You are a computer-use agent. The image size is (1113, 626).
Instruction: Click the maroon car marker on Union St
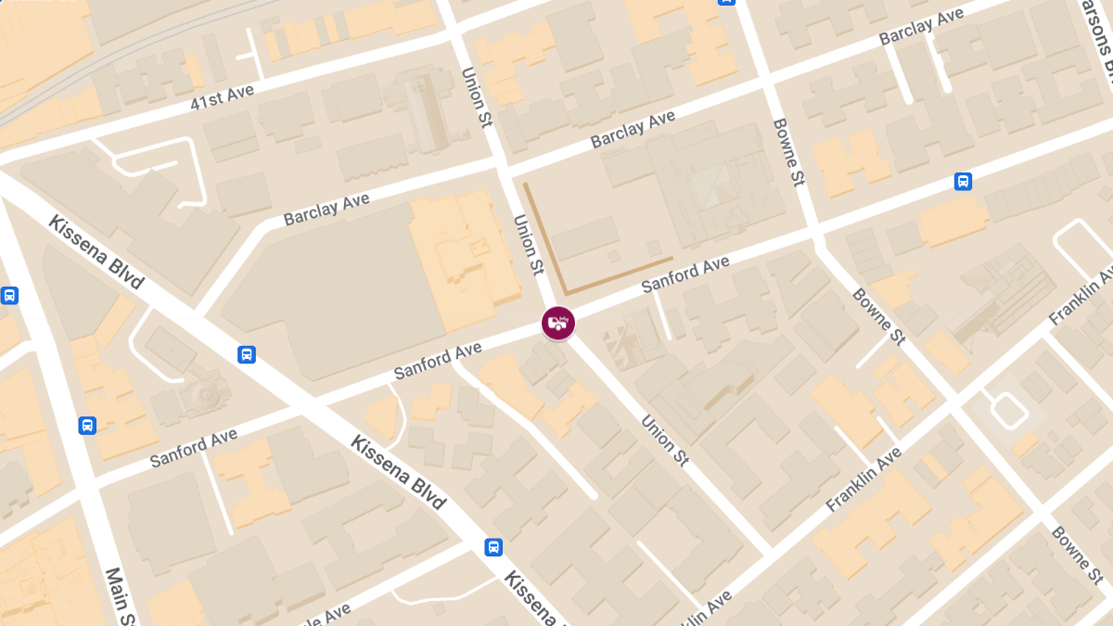tap(558, 323)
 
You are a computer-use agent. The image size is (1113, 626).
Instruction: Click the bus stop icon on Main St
tap(87, 425)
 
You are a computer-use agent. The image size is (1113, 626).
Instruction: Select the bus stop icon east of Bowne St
tap(963, 182)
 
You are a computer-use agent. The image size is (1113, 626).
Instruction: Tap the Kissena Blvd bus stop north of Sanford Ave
tap(247, 353)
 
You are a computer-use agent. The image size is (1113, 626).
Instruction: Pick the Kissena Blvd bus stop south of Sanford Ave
tap(493, 547)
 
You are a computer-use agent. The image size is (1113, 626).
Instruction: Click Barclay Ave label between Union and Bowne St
tap(633, 130)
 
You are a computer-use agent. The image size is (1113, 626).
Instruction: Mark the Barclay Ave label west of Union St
tap(326, 209)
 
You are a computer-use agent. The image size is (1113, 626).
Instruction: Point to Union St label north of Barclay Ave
tap(476, 96)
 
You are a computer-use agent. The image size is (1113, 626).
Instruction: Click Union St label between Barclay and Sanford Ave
tap(528, 245)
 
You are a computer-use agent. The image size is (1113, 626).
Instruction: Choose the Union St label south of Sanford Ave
tap(664, 441)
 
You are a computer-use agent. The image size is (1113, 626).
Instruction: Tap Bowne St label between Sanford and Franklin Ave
tap(878, 315)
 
